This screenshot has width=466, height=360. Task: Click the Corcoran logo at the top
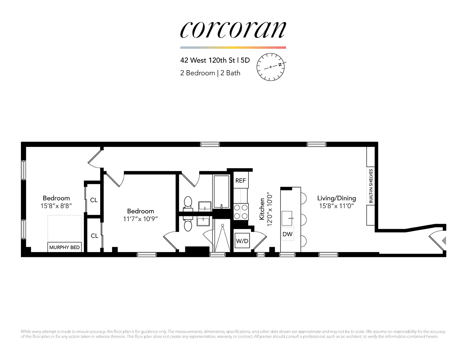pyautogui.click(x=233, y=30)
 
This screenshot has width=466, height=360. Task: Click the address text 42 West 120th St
pyautogui.click(x=207, y=60)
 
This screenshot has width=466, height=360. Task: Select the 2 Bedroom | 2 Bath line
pyautogui.click(x=210, y=73)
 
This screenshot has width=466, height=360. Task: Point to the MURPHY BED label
pyautogui.click(x=64, y=247)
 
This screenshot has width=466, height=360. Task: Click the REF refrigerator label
pyautogui.click(x=241, y=180)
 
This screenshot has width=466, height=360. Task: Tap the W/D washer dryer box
pyautogui.click(x=242, y=241)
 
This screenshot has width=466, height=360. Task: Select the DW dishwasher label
pyautogui.click(x=287, y=234)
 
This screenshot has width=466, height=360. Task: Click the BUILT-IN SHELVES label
pyautogui.click(x=371, y=186)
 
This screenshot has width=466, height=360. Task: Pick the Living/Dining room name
pyautogui.click(x=336, y=198)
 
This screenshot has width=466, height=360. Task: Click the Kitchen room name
pyautogui.click(x=262, y=209)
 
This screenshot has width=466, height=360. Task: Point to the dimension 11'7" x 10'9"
pyautogui.click(x=140, y=219)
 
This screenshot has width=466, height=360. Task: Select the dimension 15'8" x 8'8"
pyautogui.click(x=56, y=206)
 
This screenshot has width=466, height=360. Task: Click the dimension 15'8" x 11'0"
pyautogui.click(x=336, y=206)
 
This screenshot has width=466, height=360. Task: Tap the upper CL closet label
pyautogui.click(x=94, y=200)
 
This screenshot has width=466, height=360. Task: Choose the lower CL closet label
pyautogui.click(x=94, y=236)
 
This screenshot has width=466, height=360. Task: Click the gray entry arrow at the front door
pyautogui.click(x=444, y=241)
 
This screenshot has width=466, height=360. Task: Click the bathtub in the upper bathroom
pyautogui.click(x=221, y=191)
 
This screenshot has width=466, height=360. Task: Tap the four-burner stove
pyautogui.click(x=241, y=212)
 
